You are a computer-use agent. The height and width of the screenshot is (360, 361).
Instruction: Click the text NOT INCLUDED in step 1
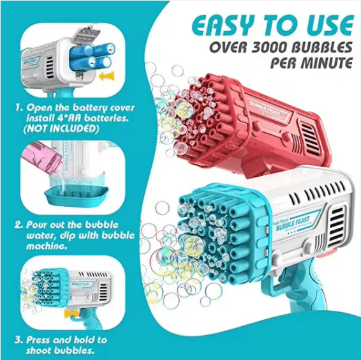coord(61,129)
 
